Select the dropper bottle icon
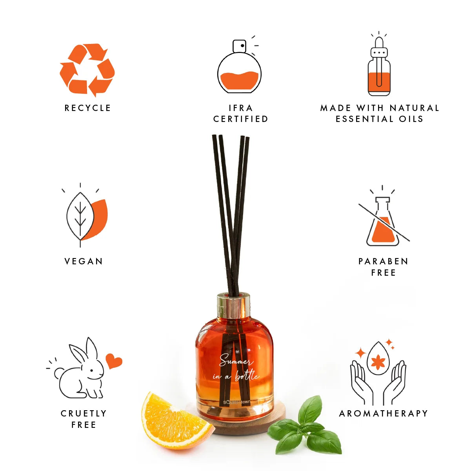[379, 64]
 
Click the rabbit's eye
[91, 371]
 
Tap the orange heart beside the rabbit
[114, 361]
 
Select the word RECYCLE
[88, 108]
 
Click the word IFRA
[240, 108]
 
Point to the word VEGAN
[84, 262]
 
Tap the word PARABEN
[383, 262]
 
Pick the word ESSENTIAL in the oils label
[364, 119]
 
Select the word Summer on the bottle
[236, 361]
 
